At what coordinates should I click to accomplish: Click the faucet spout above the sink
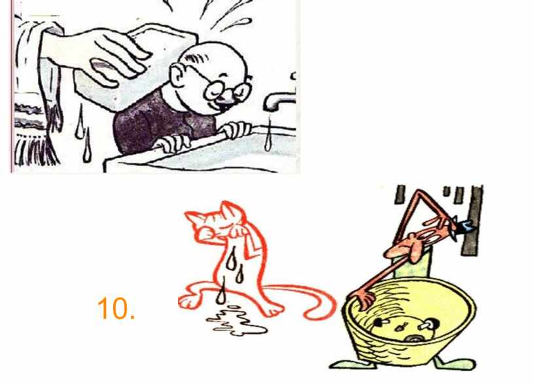(x=279, y=101)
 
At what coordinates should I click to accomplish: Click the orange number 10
(x=116, y=308)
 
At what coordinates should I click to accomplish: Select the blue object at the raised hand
(x=466, y=225)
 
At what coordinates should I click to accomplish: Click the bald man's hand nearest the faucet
(x=236, y=130)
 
